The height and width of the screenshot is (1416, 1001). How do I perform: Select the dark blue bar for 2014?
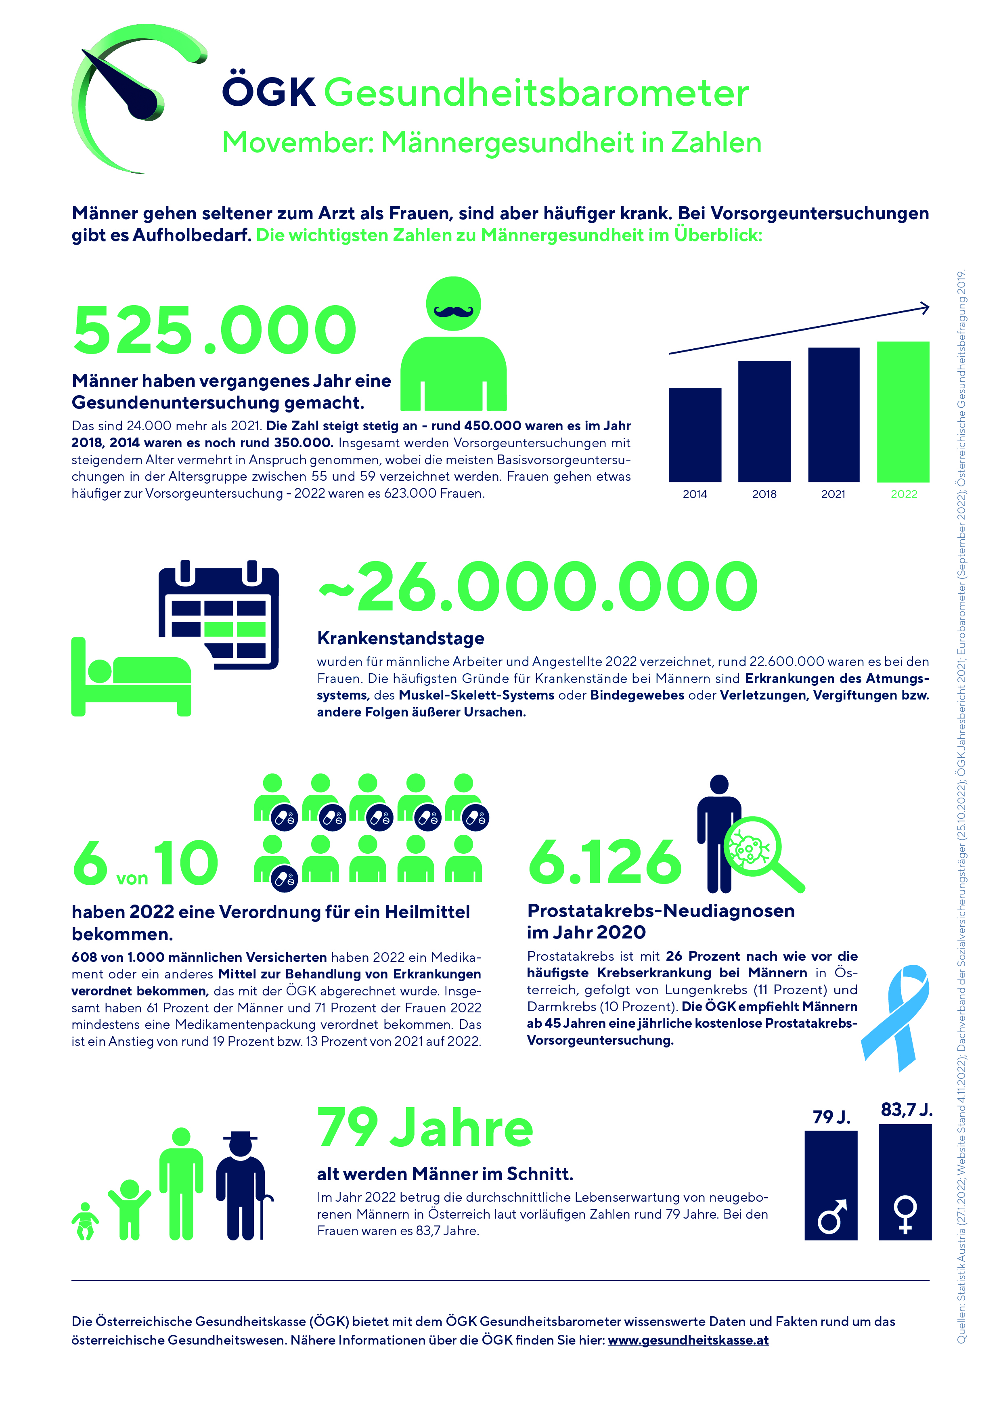click(695, 434)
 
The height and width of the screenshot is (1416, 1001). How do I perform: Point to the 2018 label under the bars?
click(764, 494)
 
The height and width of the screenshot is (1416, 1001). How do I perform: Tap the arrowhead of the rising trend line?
click(925, 307)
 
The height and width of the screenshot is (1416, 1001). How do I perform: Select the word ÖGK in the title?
click(269, 92)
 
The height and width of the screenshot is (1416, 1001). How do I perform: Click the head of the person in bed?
click(99, 671)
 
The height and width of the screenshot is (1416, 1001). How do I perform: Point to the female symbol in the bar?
click(905, 1214)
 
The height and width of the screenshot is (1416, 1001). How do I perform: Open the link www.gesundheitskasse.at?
click(688, 1340)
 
